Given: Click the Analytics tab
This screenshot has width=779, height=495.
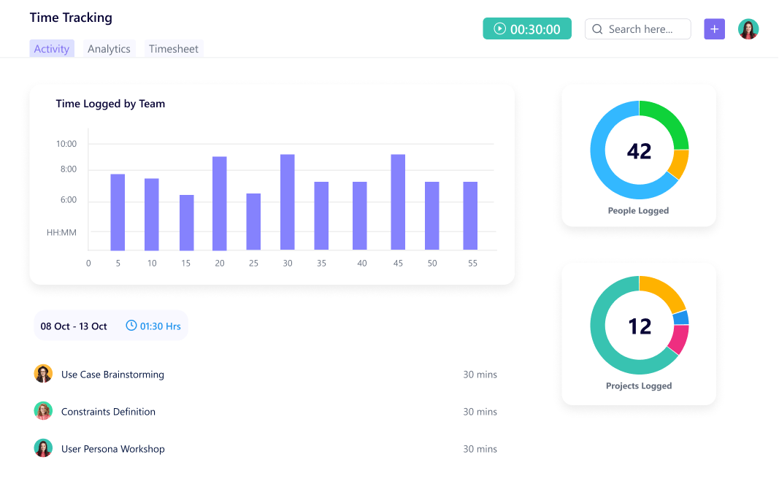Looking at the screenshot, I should tap(109, 49).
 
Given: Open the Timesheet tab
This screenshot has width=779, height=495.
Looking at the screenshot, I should tap(174, 49).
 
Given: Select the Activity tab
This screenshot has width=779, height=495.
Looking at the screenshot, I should tap(52, 49).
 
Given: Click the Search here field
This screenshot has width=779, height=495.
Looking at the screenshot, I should tap(638, 29).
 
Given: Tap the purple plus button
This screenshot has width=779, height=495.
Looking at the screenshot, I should tap(714, 29).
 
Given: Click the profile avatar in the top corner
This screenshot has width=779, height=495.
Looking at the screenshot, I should tap(748, 29).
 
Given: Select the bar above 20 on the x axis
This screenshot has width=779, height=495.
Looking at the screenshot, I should tap(220, 204).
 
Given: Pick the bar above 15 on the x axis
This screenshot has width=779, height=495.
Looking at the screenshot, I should tap(187, 223).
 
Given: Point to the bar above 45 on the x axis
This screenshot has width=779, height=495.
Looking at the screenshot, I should tap(398, 202).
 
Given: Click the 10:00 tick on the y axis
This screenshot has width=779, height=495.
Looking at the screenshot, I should tap(66, 144).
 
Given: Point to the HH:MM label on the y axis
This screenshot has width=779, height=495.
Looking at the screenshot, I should tap(61, 233).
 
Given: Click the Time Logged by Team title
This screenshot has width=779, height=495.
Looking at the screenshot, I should tap(110, 104).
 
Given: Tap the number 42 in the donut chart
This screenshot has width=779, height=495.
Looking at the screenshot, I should tap(639, 151).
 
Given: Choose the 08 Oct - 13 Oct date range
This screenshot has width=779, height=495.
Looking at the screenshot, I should tap(74, 326).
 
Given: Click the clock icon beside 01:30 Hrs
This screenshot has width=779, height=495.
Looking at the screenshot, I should tap(131, 326).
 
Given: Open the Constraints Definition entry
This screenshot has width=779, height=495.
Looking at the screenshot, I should tap(108, 412).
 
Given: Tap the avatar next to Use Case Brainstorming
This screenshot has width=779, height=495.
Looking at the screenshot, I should tap(43, 374).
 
